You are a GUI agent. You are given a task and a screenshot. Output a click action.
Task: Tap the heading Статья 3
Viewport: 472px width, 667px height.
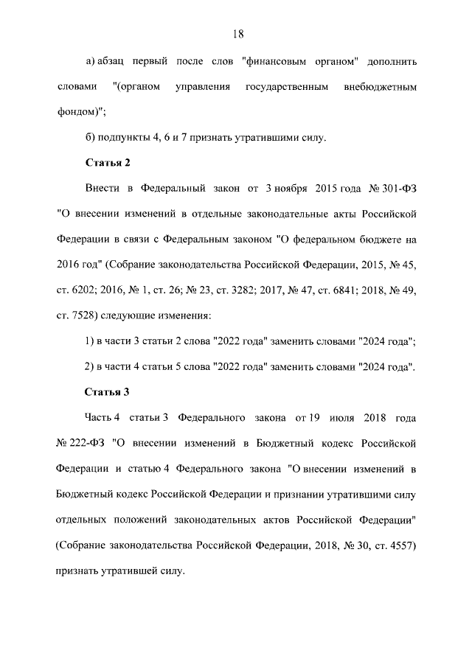[108, 391]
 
